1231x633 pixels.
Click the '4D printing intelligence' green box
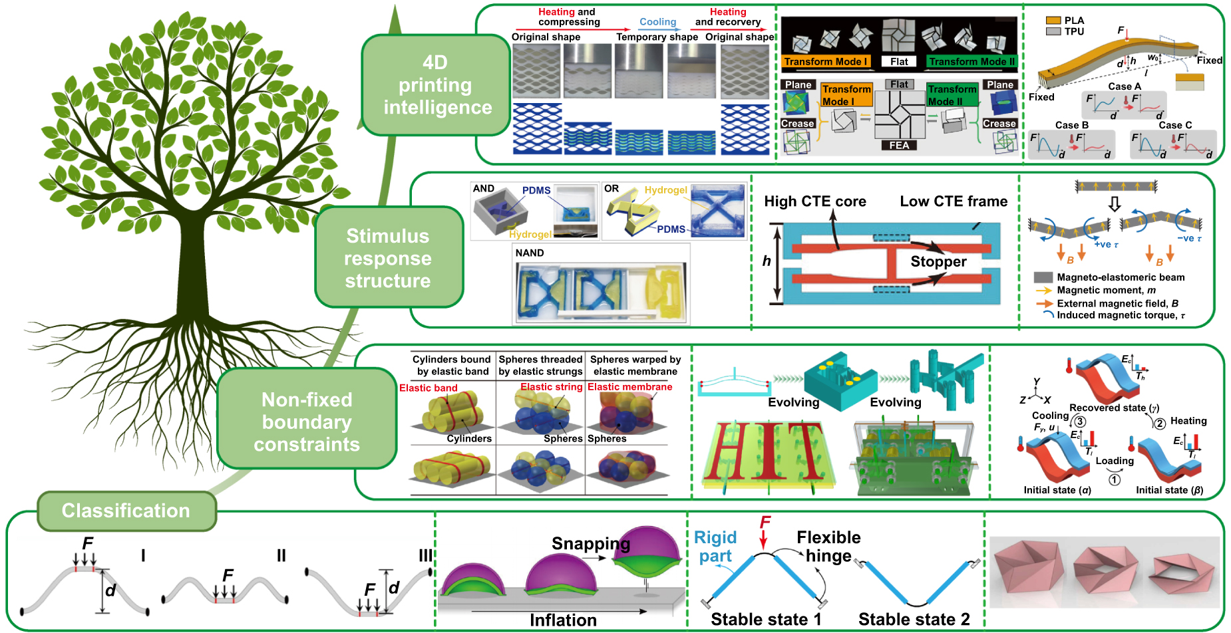coord(436,85)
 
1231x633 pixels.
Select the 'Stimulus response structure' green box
coord(389,258)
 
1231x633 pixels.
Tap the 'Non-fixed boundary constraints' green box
coord(307,422)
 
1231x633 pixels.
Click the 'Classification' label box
coord(126,511)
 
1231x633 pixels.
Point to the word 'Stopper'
coord(938,261)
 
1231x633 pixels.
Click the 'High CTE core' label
coord(814,201)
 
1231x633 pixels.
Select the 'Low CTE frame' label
coord(953,201)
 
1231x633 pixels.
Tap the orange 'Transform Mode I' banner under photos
coord(825,62)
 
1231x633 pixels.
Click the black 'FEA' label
coord(898,146)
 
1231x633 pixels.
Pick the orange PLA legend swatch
coord(1053,21)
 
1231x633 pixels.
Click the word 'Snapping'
coord(590,544)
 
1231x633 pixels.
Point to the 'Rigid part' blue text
coord(715,547)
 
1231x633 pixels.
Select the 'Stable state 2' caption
coord(914,620)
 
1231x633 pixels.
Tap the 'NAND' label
coord(530,253)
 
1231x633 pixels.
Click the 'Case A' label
coord(1124,86)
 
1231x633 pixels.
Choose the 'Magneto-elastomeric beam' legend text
coord(1121,277)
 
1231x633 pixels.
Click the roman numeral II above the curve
coord(281,556)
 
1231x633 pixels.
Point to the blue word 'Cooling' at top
coord(657,22)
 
